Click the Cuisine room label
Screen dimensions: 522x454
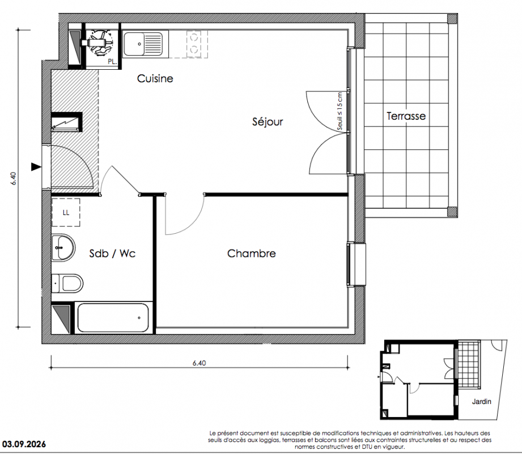155,79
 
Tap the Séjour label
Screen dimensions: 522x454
268,121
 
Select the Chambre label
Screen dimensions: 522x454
251,253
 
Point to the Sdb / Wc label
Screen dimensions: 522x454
112,253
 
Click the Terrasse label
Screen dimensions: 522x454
406,116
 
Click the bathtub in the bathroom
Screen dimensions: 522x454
113,318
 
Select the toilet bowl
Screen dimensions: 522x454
68,283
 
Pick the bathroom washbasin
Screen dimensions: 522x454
63,247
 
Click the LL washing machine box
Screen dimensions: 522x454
66,212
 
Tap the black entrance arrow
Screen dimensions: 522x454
36,167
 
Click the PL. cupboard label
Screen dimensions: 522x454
112,62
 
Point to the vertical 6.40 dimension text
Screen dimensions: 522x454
14,178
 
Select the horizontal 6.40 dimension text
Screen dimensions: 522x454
199,363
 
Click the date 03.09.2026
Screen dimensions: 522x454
24,444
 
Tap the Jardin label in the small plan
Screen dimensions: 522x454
481,402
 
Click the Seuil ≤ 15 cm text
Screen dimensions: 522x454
339,111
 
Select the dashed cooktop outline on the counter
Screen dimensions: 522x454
197,44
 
